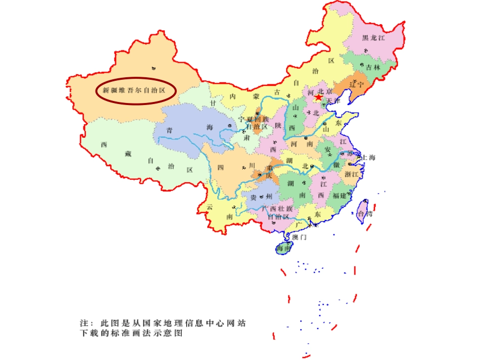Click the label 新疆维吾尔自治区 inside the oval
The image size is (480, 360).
coord(134,91)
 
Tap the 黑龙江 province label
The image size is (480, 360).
coord(374,38)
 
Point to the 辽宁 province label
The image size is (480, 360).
coord(357,84)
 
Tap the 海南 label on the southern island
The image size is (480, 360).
coord(283,248)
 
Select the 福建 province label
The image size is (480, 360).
coord(340,195)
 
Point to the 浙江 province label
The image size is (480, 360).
coord(351,174)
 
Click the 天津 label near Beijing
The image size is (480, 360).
coord(333,101)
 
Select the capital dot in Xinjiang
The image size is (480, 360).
coord(154,68)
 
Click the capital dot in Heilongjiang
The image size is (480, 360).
coord(364,50)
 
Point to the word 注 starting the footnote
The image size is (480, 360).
coord(84,323)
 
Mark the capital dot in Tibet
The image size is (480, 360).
coord(158,168)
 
